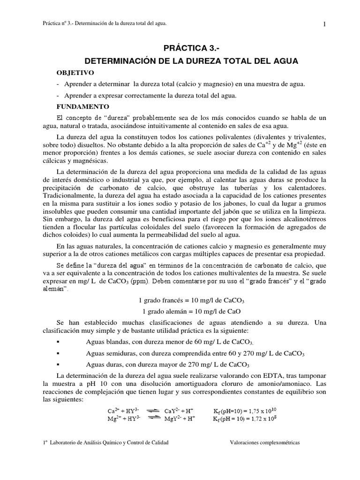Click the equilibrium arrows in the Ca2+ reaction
pos(152,411)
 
